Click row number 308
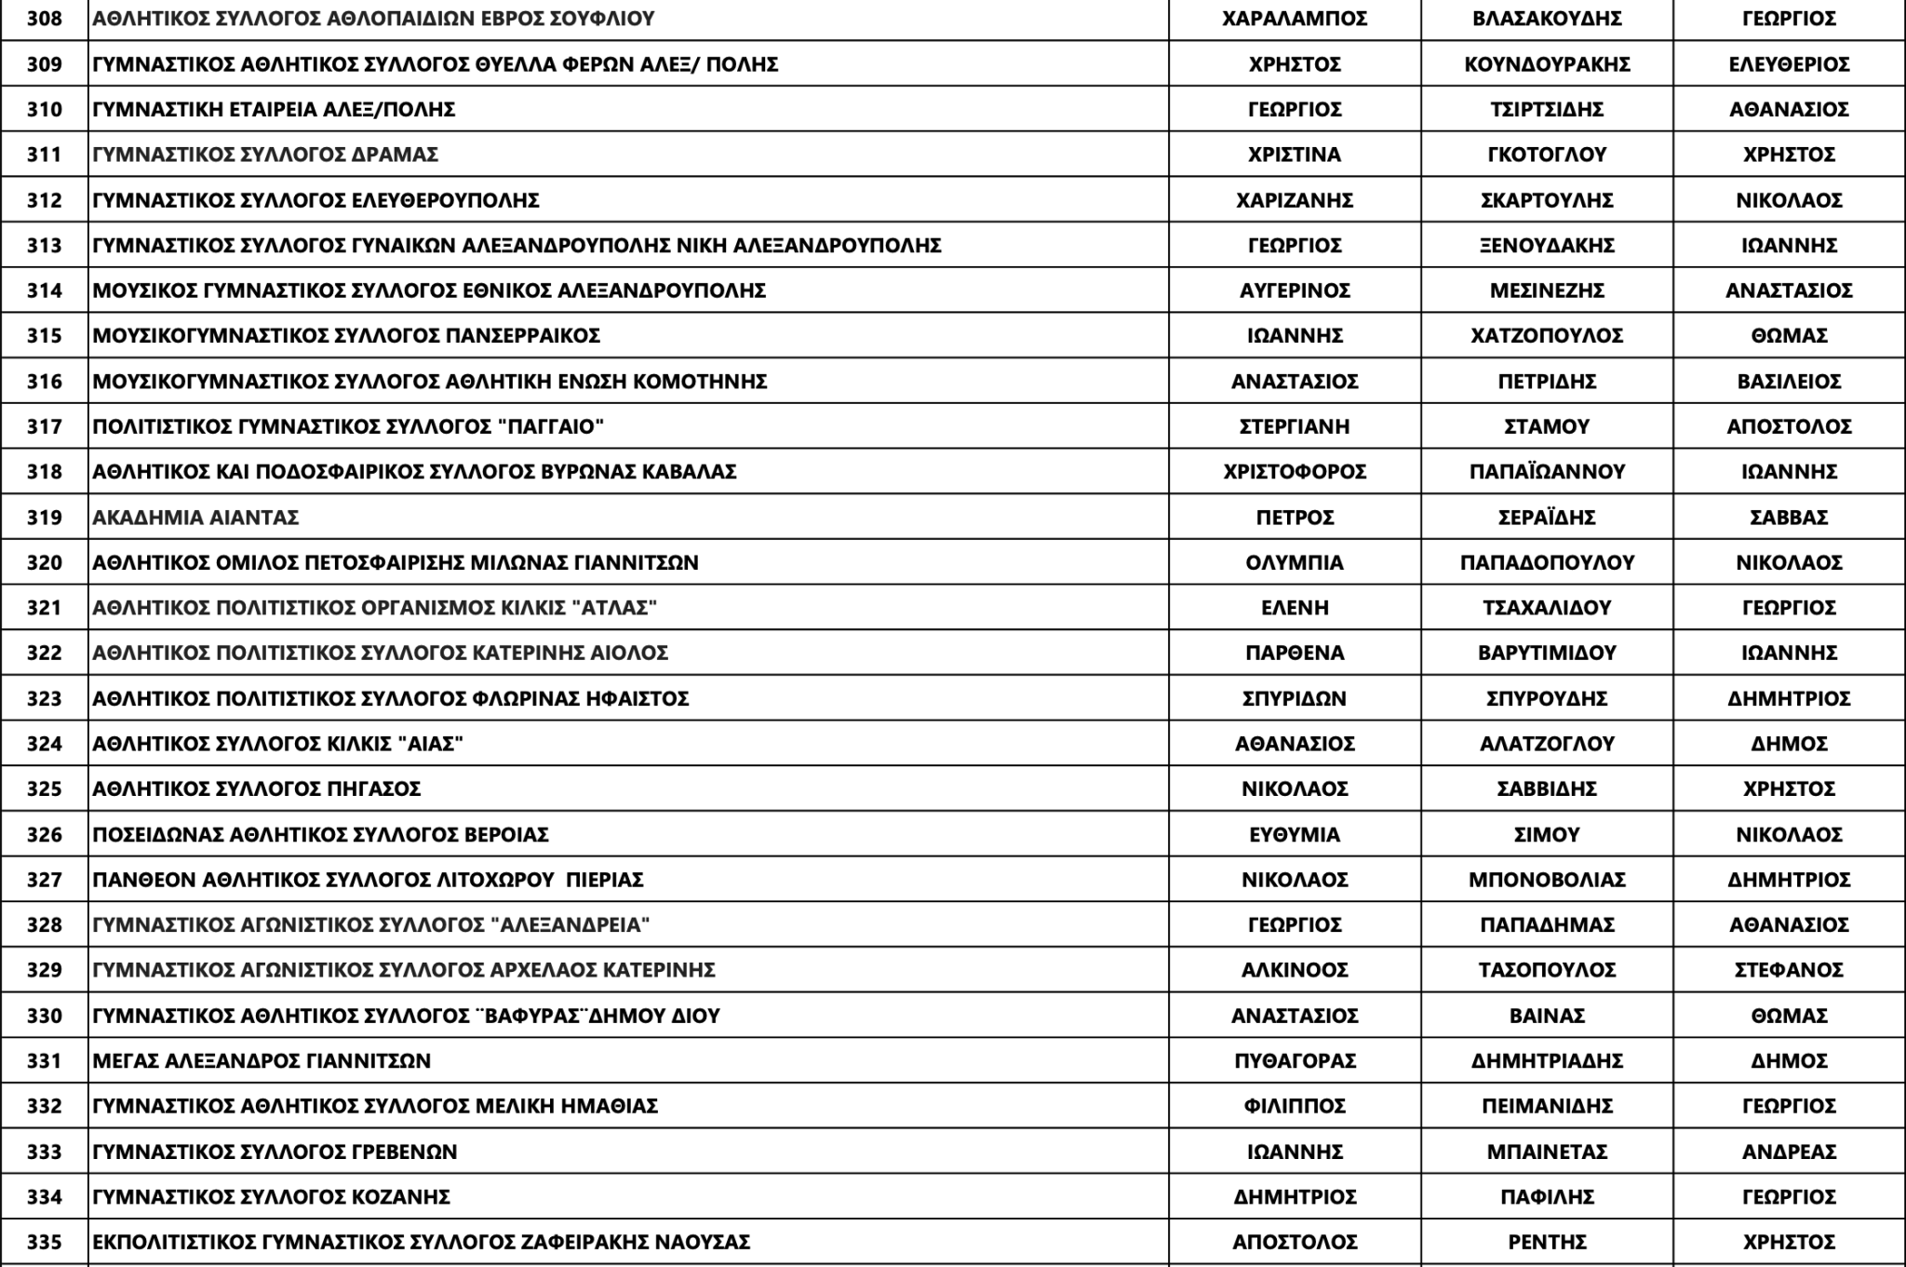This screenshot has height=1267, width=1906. point(44,19)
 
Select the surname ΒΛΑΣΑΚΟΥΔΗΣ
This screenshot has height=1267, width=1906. point(1547,19)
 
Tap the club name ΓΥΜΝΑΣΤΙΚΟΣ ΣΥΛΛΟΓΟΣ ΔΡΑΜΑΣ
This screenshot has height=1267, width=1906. point(265,155)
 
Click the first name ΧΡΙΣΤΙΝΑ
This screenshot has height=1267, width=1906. point(1295,155)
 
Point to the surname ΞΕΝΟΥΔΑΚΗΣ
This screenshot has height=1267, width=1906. point(1547,246)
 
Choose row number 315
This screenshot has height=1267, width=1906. point(44,336)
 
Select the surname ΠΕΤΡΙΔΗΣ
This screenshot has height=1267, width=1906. point(1547,382)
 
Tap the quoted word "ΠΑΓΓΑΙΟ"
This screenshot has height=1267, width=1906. point(551,427)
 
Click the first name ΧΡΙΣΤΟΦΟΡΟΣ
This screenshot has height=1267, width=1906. point(1295,472)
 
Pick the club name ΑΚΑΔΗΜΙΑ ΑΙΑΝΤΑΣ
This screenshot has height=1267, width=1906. point(195,518)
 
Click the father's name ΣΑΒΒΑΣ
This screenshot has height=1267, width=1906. point(1789,518)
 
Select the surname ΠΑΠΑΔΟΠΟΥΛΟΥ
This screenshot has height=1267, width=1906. point(1547,563)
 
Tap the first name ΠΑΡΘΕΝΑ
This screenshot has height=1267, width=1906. point(1295,654)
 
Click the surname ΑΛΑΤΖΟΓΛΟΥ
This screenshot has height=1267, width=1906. point(1547,744)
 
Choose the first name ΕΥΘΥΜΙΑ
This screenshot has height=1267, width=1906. point(1295,835)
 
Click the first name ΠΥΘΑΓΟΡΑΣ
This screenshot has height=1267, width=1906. point(1295,1061)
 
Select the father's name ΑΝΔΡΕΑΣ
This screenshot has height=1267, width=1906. point(1789,1152)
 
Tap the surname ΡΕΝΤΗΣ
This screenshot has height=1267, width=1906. point(1547,1243)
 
